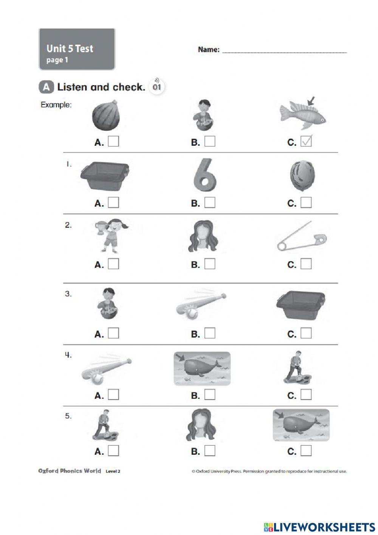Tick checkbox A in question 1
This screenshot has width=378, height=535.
click(x=113, y=203)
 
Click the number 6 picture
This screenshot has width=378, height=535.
click(x=204, y=175)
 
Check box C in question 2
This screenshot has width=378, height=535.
click(x=306, y=264)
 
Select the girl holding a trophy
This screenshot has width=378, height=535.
click(x=111, y=236)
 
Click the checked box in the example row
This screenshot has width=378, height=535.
click(x=306, y=142)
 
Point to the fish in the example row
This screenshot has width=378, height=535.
click(x=303, y=115)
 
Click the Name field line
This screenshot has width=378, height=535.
click(x=284, y=51)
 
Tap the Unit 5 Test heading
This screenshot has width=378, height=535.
click(x=70, y=48)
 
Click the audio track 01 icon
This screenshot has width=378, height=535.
click(x=157, y=86)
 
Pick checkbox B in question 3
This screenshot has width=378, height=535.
click(x=210, y=333)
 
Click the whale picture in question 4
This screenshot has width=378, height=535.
click(x=202, y=368)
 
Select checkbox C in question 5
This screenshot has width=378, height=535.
click(x=306, y=451)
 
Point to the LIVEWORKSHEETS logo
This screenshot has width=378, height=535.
click(x=319, y=526)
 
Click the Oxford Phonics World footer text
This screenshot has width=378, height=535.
click(x=70, y=471)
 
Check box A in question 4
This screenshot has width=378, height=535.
click(x=113, y=395)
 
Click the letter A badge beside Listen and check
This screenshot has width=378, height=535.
click(x=46, y=87)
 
